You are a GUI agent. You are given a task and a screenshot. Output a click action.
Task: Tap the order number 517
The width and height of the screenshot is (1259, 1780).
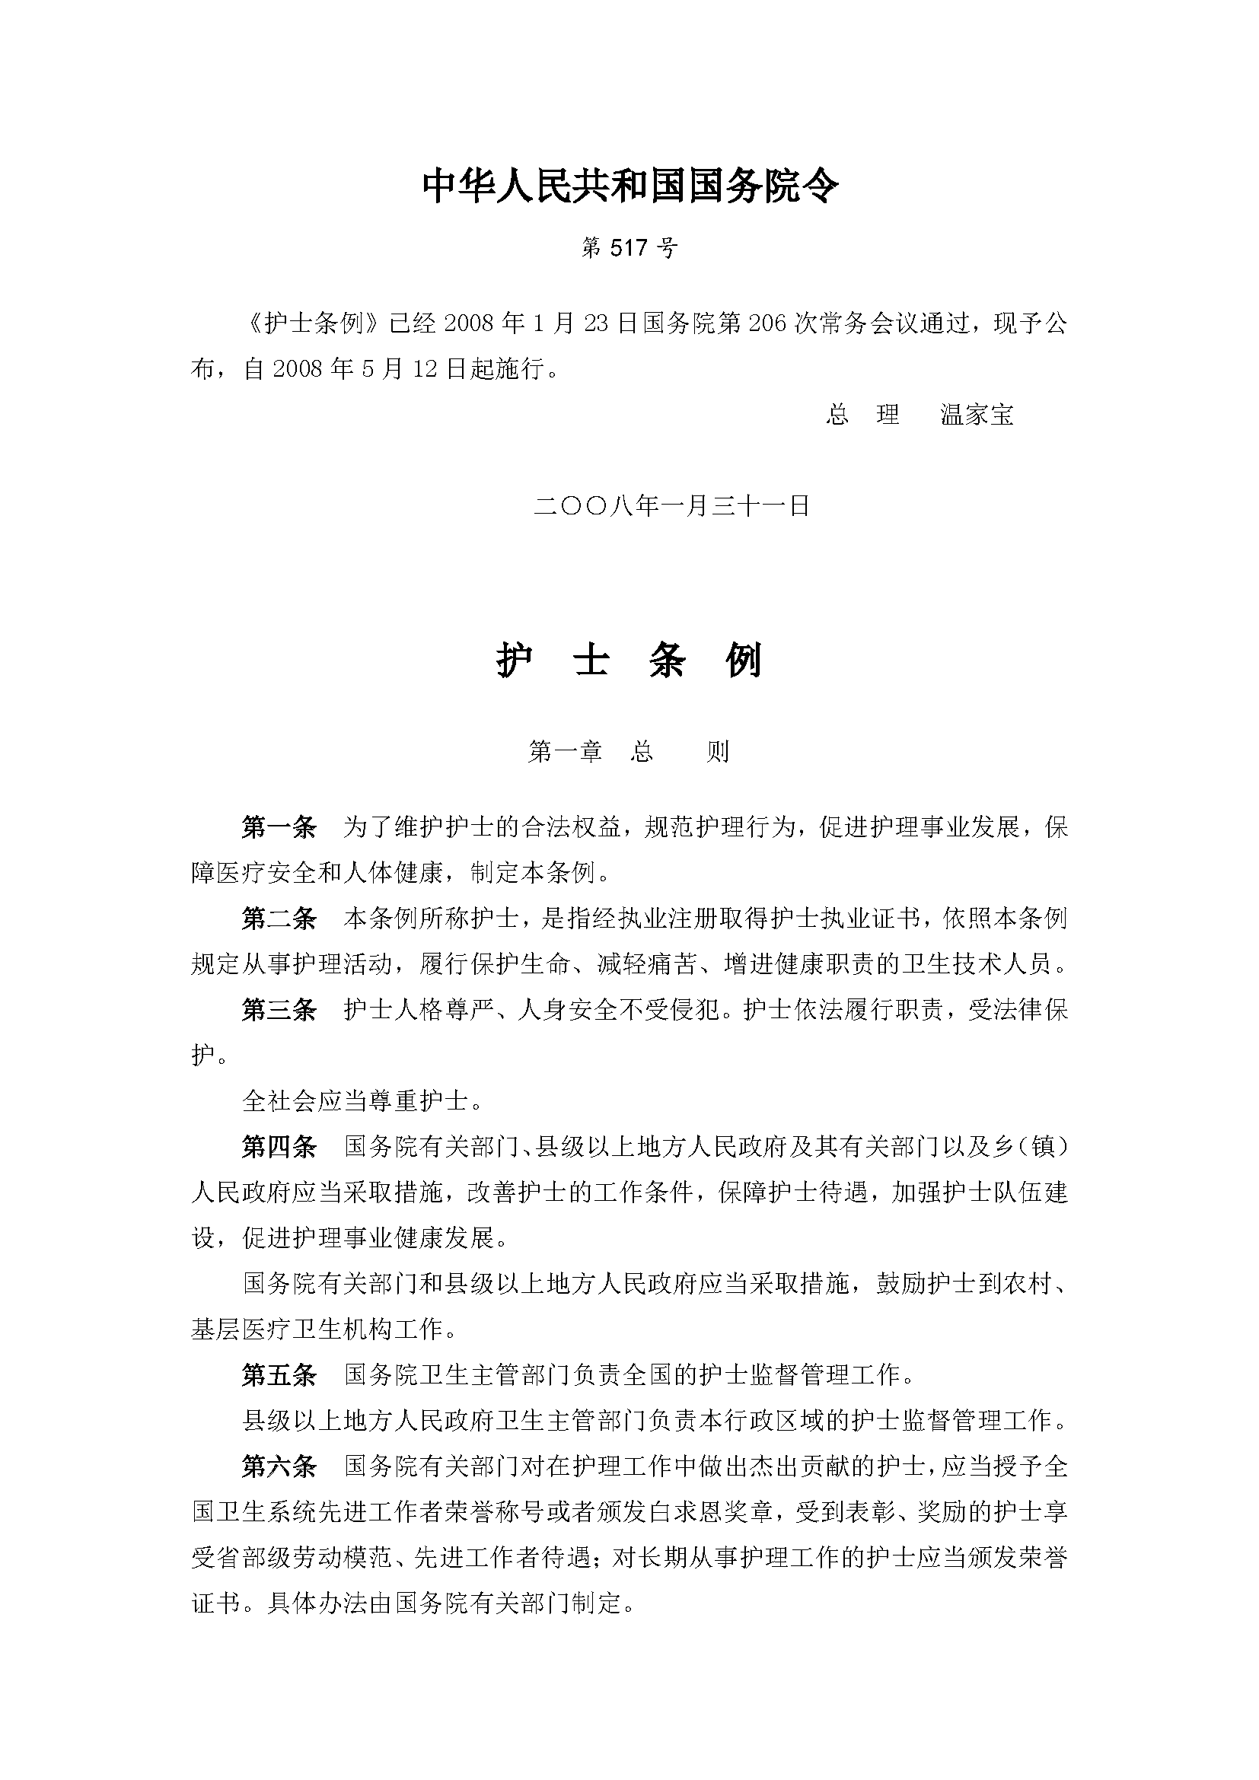pyautogui.click(x=629, y=248)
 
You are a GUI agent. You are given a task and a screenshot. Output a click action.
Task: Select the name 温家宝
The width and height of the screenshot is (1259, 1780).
pyautogui.click(x=977, y=415)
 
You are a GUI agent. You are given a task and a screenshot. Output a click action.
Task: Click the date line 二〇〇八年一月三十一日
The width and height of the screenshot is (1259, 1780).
pyautogui.click(x=672, y=506)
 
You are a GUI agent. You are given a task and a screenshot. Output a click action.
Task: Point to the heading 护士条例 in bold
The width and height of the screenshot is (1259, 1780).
pyautogui.click(x=629, y=661)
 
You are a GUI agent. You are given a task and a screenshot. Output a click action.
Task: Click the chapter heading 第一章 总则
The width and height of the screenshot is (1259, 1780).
pyautogui.click(x=629, y=751)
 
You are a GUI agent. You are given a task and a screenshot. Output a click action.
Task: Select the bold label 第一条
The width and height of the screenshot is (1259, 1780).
pyautogui.click(x=279, y=828)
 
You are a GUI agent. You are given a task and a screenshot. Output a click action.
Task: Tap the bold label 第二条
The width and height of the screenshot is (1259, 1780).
pyautogui.click(x=279, y=919)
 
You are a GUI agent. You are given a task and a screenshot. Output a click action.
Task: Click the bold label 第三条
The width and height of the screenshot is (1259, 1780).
pyautogui.click(x=279, y=1010)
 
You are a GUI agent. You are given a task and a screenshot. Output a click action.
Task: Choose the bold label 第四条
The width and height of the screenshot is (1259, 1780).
pyautogui.click(x=279, y=1147)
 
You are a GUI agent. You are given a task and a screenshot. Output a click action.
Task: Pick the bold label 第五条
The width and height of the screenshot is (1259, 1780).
pyautogui.click(x=279, y=1375)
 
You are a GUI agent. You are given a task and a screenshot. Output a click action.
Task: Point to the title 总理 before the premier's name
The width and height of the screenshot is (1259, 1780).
pyautogui.click(x=862, y=415)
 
